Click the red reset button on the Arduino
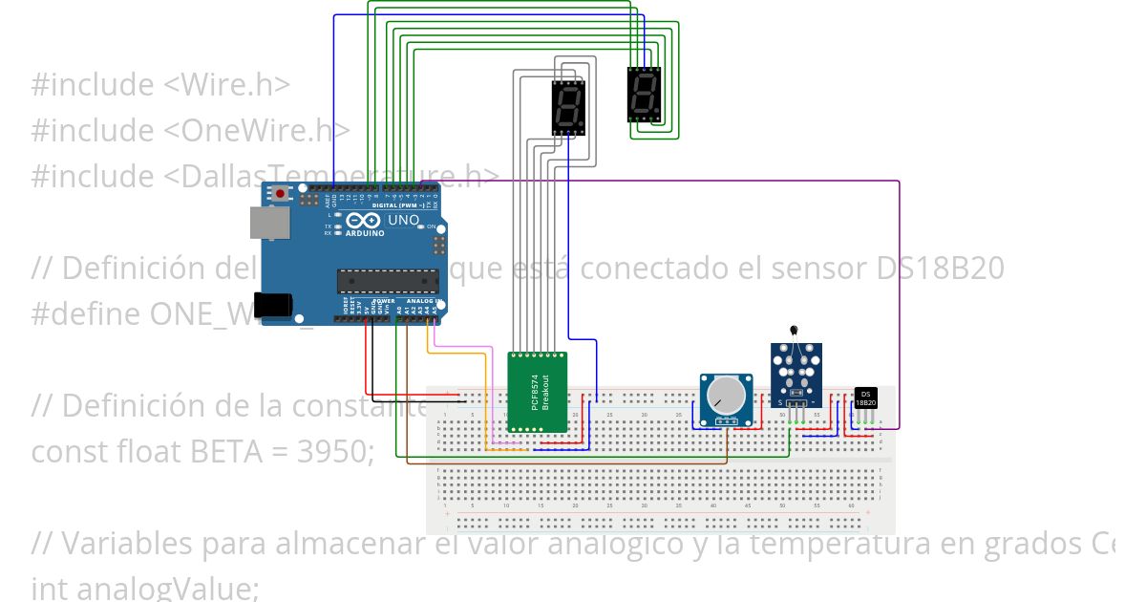280,194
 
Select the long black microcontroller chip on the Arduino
386,279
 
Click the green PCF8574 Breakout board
537,392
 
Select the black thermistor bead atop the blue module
794,330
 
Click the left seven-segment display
568,107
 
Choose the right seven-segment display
644,95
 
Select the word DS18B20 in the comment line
940,269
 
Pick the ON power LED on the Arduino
421,226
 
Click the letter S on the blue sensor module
780,403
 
